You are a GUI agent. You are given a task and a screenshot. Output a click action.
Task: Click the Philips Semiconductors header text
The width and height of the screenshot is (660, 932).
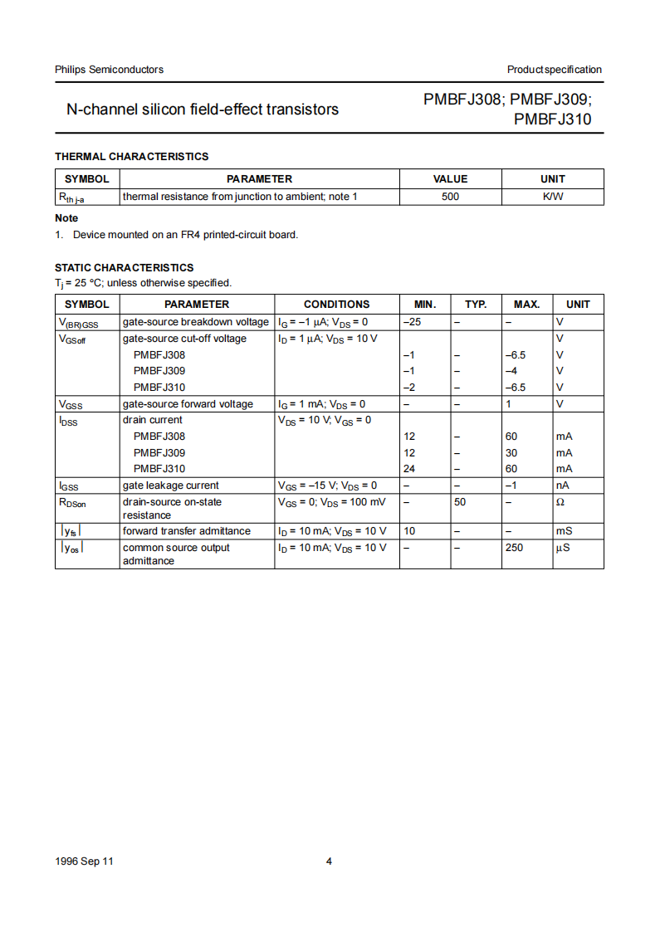[x=109, y=70]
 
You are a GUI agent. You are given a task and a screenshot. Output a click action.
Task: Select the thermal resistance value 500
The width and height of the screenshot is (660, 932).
[x=450, y=197]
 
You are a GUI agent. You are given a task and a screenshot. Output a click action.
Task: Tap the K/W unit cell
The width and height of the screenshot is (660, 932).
[x=552, y=197]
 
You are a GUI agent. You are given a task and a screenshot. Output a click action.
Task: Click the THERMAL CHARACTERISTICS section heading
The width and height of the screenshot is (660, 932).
[x=131, y=156]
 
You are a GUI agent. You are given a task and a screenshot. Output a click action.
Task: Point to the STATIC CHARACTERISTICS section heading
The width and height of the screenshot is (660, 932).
[x=124, y=267]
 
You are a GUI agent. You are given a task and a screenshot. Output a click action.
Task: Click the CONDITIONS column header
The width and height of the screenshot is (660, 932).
[x=336, y=305]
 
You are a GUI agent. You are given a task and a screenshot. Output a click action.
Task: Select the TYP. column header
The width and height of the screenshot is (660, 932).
[x=476, y=305]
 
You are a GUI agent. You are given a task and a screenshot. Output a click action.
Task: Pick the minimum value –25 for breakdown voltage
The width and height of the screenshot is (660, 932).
[x=412, y=322]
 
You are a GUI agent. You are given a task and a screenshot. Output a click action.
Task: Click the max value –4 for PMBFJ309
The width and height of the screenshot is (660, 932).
[x=511, y=371]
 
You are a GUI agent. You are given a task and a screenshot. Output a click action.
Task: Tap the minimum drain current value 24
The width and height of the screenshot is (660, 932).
[x=409, y=469]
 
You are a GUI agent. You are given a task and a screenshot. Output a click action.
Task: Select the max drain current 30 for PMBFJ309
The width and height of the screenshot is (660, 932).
[x=511, y=452]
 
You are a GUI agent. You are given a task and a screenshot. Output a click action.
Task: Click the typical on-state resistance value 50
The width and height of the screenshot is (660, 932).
[x=460, y=502]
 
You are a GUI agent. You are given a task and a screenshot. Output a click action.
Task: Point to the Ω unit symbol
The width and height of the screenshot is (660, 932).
[x=560, y=502]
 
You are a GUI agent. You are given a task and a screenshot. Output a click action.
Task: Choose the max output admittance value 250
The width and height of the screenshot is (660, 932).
[x=514, y=548]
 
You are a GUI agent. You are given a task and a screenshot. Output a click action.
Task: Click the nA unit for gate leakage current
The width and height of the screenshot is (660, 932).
[x=562, y=486]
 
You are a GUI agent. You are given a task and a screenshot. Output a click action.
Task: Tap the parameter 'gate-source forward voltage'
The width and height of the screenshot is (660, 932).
[x=188, y=404]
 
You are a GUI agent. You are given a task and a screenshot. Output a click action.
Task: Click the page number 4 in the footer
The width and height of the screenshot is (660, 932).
[x=329, y=861]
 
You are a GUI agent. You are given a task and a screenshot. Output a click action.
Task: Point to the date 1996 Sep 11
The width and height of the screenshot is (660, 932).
[x=84, y=861]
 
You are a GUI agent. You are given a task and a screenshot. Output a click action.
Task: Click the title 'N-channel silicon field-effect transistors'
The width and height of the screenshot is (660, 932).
[x=203, y=109]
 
